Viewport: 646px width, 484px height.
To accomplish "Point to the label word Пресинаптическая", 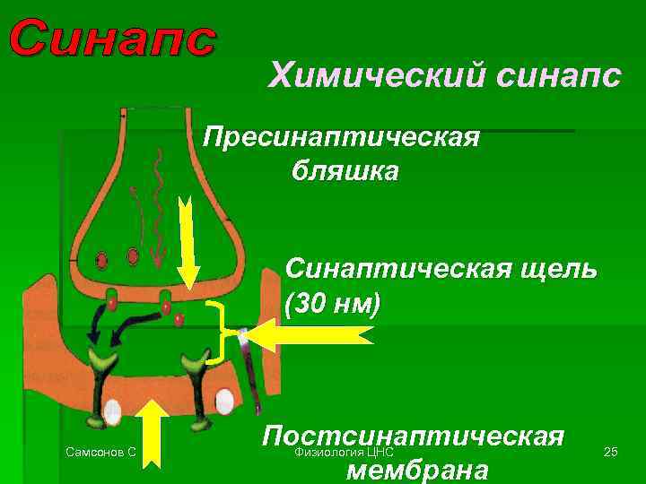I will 342,138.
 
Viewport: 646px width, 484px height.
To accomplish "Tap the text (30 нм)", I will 333,303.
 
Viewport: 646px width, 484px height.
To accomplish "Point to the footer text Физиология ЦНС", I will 345,453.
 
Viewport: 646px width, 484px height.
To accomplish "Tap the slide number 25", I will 611,452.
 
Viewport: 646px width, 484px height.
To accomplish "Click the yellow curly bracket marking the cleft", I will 218,333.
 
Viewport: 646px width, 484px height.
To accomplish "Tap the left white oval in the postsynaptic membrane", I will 112,411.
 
